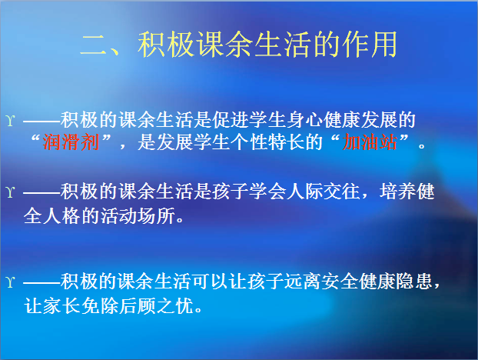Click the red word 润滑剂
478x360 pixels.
coord(71,142)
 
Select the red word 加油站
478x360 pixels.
coord(370,142)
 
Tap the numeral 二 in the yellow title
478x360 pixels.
coord(93,45)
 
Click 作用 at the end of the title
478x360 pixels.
coord(370,45)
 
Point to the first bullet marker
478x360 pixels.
coord(10,121)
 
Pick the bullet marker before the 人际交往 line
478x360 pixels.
coord(10,192)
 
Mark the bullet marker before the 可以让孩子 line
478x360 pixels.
coord(10,282)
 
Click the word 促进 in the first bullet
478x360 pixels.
coord(231,119)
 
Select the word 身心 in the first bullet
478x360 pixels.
coord(305,119)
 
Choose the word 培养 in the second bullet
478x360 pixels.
coord(398,192)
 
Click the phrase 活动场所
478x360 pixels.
coord(138,216)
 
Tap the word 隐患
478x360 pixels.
coord(414,282)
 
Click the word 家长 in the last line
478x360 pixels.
coord(61,305)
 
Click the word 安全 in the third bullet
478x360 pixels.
coord(340,282)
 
